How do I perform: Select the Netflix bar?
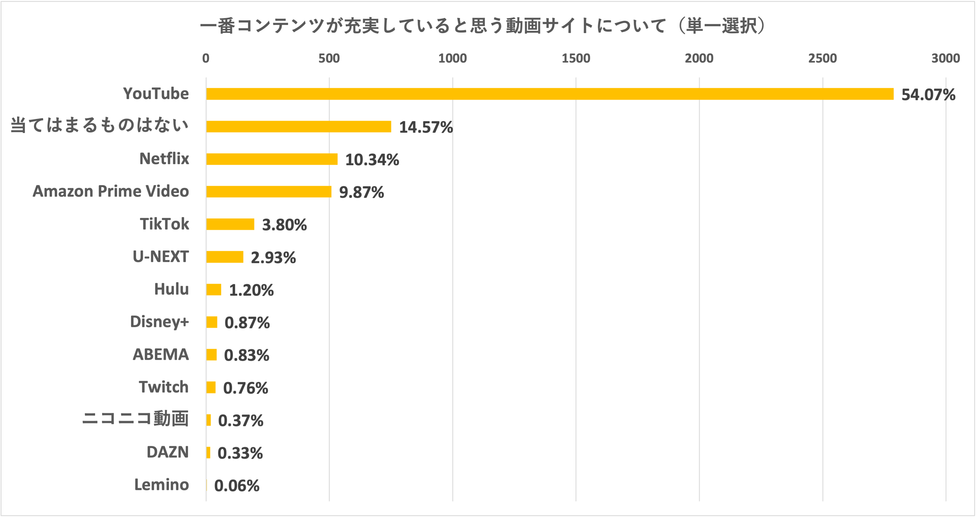[272, 159]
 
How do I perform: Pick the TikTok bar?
[230, 224]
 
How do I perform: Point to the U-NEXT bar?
[224, 257]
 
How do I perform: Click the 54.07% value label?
[928, 95]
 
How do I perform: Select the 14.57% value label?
[426, 127]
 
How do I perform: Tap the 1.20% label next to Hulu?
[251, 291]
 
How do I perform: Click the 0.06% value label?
[237, 486]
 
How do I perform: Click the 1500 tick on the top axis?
[576, 58]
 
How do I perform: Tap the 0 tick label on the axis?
[206, 58]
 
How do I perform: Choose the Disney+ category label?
[159, 322]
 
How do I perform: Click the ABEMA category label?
[160, 354]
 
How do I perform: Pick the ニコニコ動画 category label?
[135, 419]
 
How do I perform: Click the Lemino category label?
[161, 485]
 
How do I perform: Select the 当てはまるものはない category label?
[99, 126]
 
